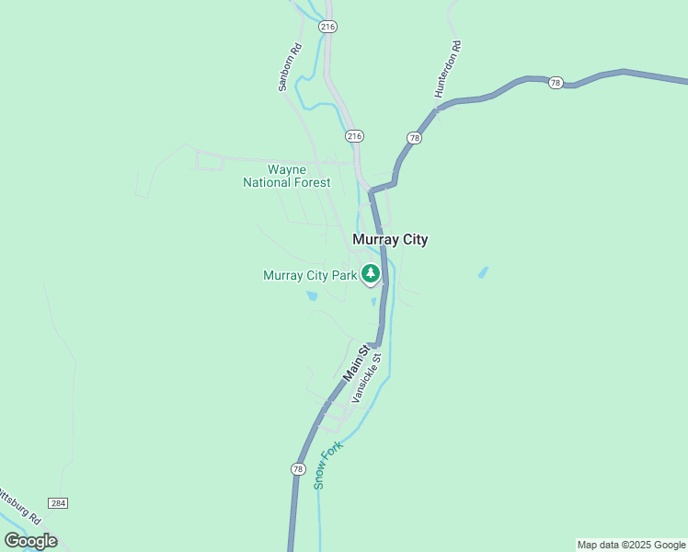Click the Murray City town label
[x=390, y=239]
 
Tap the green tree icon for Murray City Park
[x=371, y=273]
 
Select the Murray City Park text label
[x=309, y=275]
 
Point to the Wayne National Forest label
[x=286, y=176]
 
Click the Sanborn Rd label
[x=290, y=69]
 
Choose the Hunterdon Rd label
[x=448, y=69]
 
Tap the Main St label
[x=357, y=363]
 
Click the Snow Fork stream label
[x=328, y=465]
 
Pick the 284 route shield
[x=59, y=503]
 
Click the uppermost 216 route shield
[x=328, y=27]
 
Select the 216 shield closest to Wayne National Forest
[x=355, y=136]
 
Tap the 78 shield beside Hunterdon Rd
[x=414, y=138]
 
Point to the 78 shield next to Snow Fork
[x=297, y=469]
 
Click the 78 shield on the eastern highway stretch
[x=555, y=83]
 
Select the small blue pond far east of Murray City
[x=483, y=272]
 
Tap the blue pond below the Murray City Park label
[x=312, y=296]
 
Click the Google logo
[x=30, y=541]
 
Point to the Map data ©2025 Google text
[x=631, y=545]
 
